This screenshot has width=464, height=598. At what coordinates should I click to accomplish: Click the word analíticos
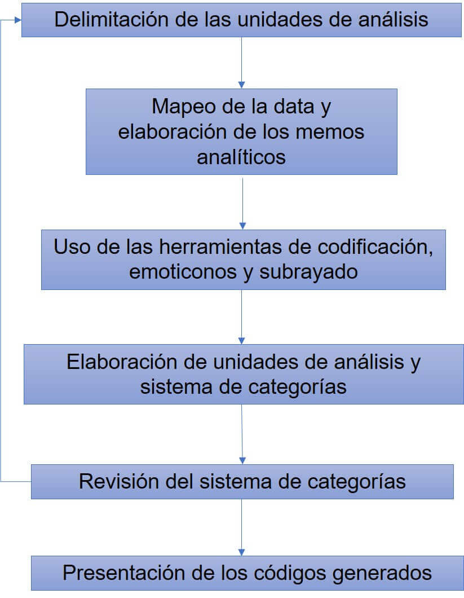pos(241,157)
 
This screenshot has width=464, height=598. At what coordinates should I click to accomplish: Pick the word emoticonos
pos(183,272)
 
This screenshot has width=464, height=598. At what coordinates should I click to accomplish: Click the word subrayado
pos(308,272)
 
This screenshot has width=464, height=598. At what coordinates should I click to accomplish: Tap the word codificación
pos(375,247)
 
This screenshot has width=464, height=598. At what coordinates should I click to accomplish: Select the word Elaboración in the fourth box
pos(122,362)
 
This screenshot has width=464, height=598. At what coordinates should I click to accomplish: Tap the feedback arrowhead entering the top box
pos(18,20)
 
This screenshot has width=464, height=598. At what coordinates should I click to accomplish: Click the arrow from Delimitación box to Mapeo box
pos(241,63)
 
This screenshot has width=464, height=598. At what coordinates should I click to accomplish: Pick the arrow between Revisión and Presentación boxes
pos(241,527)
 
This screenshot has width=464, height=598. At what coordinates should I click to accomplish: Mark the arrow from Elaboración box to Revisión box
pos(242,434)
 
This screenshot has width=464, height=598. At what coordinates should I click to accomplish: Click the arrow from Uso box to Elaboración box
pos(241,317)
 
